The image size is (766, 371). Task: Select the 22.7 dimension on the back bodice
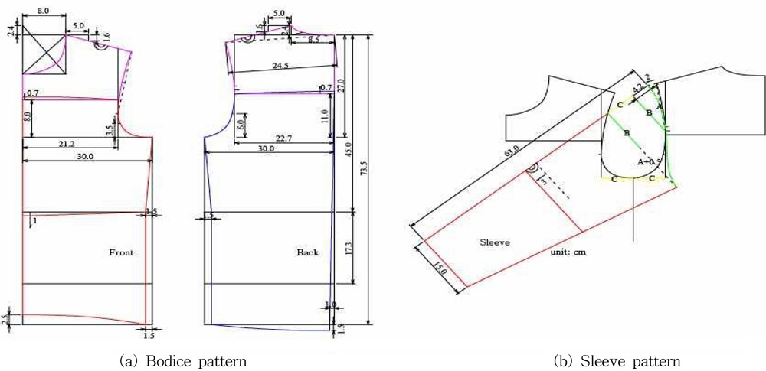(283, 138)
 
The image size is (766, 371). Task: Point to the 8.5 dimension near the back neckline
(314, 39)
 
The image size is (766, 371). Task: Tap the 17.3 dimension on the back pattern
(349, 251)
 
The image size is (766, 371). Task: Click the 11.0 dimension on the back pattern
(324, 116)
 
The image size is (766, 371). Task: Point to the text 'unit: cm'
(568, 252)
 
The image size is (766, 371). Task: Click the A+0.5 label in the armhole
(648, 163)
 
